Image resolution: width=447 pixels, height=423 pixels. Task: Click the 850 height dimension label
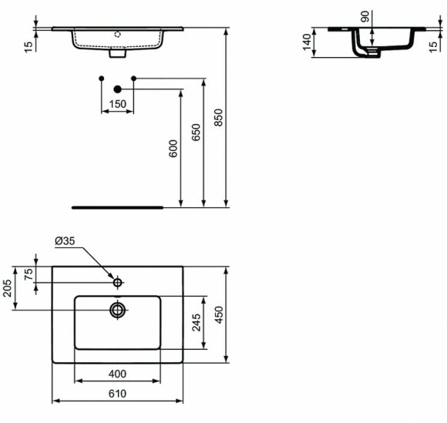219,116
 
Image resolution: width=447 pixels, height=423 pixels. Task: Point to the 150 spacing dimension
117,104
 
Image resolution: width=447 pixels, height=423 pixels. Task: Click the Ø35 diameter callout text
65,241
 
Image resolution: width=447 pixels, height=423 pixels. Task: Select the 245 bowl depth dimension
197,322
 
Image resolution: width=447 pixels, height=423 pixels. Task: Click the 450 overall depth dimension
219,316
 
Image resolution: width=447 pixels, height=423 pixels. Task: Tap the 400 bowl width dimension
117,374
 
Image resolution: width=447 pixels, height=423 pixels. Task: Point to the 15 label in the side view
434,46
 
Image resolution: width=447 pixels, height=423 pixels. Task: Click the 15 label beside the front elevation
29,46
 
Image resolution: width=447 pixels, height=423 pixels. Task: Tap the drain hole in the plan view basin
118,310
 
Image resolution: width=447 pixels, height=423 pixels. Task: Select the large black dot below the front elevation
118,89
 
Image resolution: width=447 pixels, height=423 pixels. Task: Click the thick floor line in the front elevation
117,207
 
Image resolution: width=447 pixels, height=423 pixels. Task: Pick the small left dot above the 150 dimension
102,79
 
